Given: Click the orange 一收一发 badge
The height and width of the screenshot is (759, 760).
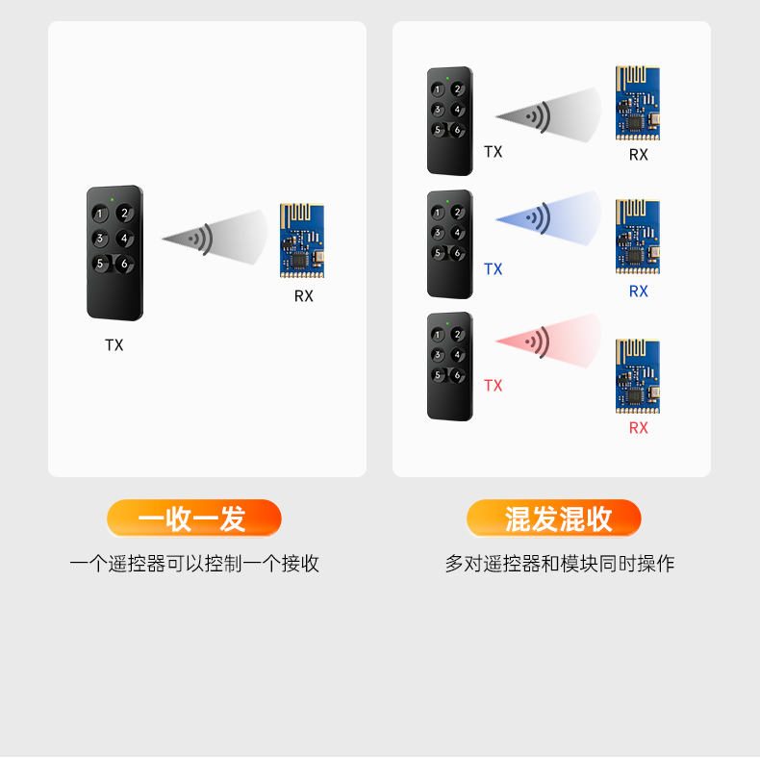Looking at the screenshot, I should click(x=193, y=519).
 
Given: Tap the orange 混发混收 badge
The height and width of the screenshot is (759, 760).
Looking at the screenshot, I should click(x=554, y=519).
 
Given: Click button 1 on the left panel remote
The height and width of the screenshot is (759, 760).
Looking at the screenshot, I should click(x=100, y=214).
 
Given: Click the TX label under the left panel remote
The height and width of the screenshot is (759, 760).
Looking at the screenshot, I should click(x=114, y=345).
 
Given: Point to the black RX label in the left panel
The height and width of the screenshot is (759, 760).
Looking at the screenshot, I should click(x=304, y=296).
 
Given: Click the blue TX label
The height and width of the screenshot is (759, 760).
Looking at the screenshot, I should click(x=494, y=269).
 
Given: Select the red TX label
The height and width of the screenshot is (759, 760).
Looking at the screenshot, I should click(x=494, y=386).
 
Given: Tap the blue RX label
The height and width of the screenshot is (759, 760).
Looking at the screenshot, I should click(x=639, y=291).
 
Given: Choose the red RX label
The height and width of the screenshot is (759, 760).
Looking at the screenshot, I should click(x=639, y=428).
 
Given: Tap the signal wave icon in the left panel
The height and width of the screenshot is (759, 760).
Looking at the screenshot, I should click(x=201, y=238).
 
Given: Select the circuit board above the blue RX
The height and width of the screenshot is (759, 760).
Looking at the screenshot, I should click(x=638, y=237).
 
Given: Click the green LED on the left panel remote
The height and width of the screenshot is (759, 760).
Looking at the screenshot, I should click(x=114, y=199).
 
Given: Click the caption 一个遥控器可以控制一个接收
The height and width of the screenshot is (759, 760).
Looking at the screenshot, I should click(x=194, y=565).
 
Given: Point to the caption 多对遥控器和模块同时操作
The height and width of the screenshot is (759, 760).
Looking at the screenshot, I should click(x=560, y=565).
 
